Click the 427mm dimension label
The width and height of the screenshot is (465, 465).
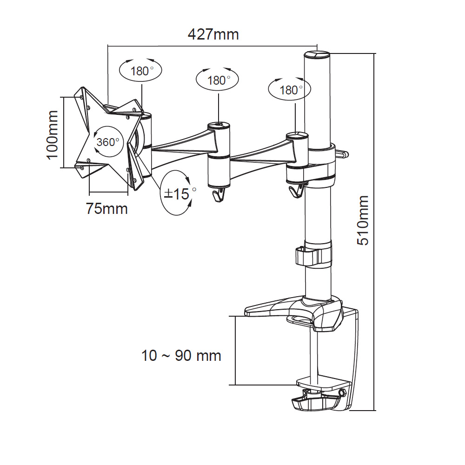[213, 34]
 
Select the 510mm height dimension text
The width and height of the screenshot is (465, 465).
[363, 220]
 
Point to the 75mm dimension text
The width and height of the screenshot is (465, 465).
[106, 208]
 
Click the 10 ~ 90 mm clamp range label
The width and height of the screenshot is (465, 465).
[181, 356]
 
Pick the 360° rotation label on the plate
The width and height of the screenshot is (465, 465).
[108, 142]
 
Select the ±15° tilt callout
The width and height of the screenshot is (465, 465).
[178, 193]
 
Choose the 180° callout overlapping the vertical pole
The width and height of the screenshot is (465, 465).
[291, 90]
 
